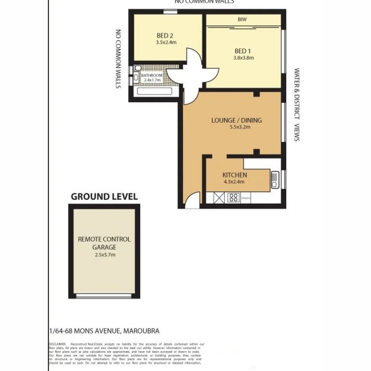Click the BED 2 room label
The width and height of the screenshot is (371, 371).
click(x=165, y=35)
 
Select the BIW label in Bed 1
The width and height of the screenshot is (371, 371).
click(x=242, y=20)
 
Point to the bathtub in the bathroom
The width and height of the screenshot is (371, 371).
click(x=154, y=91)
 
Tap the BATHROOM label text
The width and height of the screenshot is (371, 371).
click(x=151, y=75)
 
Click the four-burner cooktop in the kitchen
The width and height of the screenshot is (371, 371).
click(x=234, y=198)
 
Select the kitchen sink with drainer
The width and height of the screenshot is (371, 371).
click(x=275, y=180)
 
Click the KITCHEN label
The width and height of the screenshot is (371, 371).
click(x=235, y=175)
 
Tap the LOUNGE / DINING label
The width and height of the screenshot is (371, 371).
click(x=236, y=120)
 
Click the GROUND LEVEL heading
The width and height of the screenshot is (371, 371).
click(x=104, y=196)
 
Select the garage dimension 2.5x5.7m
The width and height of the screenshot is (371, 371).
click(x=104, y=255)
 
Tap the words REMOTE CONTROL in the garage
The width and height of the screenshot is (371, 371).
click(x=104, y=239)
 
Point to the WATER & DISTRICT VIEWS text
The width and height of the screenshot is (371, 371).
click(x=297, y=104)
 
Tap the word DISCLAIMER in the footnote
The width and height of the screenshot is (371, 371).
click(x=57, y=344)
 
